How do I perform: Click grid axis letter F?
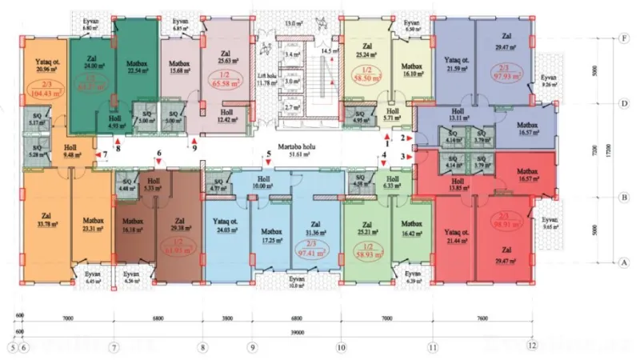[622, 38]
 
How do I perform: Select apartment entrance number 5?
[270, 154]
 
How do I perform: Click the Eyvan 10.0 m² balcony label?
[297, 281]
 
